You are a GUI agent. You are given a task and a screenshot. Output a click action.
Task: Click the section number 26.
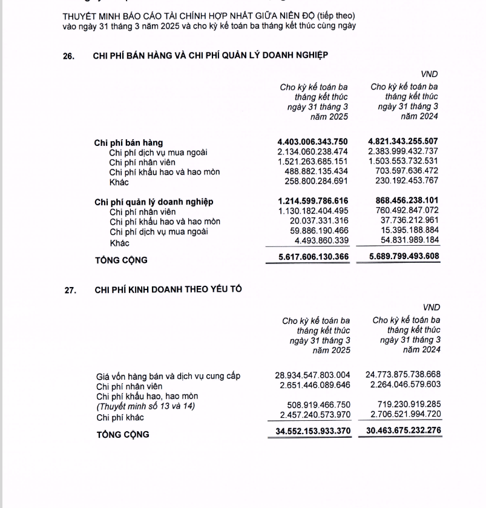coord(69,56)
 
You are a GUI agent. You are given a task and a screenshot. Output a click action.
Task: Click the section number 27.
coord(71,290)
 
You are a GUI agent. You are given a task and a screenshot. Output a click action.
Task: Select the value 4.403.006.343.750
coord(312,142)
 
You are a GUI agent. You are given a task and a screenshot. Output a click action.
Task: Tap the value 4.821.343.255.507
coord(403,142)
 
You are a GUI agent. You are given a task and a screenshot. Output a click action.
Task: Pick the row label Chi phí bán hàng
coord(128,143)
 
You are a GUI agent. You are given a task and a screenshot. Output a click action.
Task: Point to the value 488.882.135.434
coord(312,171)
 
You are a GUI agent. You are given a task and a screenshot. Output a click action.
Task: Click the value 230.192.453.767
coord(403,182)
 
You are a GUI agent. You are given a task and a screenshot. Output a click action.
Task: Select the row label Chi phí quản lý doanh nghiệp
coord(154,202)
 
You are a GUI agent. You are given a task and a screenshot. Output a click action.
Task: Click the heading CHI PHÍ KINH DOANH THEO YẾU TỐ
coord(168,289)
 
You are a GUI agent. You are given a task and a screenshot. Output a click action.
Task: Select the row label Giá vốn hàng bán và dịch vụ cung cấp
coord(168,376)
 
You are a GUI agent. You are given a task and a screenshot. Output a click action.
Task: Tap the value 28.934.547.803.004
coord(312,375)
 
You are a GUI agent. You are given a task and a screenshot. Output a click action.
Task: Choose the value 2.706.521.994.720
coord(403,414)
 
